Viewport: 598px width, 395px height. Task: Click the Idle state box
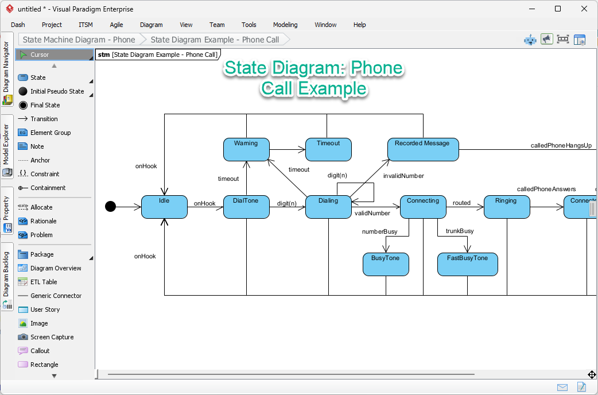point(164,207)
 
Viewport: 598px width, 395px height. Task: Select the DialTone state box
point(246,207)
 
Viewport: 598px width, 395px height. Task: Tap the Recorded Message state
point(422,149)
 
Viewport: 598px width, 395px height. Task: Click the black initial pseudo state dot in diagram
point(111,207)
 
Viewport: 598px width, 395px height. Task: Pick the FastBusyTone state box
point(467,264)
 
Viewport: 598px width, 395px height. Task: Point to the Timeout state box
point(328,149)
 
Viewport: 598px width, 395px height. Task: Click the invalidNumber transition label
point(403,176)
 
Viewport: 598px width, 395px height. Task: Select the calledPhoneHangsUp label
point(561,146)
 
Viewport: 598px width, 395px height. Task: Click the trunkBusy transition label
point(460,231)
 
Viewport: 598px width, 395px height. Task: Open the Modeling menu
point(285,25)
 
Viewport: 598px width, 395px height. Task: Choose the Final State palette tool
point(45,105)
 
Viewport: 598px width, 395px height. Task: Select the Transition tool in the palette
point(44,119)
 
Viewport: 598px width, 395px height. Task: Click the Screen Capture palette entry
point(52,337)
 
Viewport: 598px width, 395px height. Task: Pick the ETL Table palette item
point(44,282)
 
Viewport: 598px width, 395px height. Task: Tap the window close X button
point(584,9)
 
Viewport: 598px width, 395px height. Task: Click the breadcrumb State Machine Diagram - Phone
point(79,40)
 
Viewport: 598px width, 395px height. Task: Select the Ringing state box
point(507,207)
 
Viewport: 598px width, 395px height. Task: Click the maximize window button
point(558,9)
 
